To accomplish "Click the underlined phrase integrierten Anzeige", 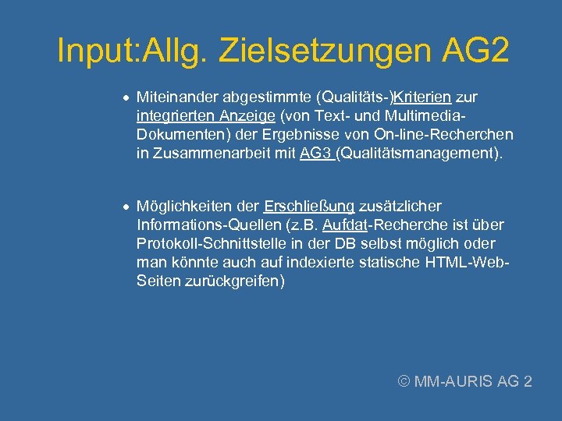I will (x=205, y=116).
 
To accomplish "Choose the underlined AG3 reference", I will (x=315, y=154).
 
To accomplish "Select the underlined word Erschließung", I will (x=309, y=207).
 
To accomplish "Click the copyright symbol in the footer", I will (x=403, y=381).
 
